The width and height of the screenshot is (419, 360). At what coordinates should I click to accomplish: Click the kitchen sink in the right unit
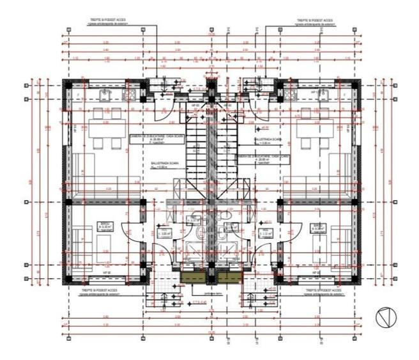[x=320, y=95]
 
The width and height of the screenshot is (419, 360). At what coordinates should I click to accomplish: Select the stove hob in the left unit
[x=129, y=95]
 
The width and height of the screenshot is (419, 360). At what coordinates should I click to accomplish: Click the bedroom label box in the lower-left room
[x=103, y=226]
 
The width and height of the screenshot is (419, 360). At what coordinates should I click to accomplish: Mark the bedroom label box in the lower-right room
[x=316, y=226]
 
